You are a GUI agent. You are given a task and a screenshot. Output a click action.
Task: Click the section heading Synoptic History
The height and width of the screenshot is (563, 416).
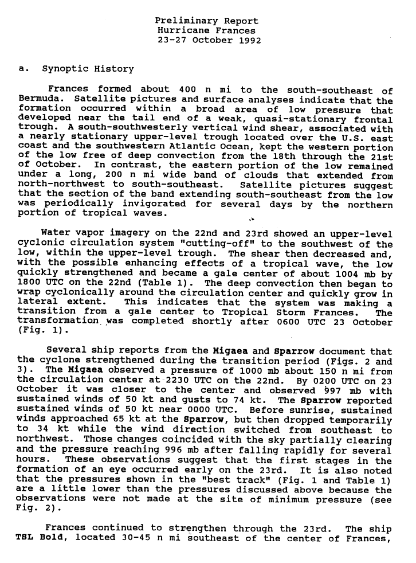(88, 69)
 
